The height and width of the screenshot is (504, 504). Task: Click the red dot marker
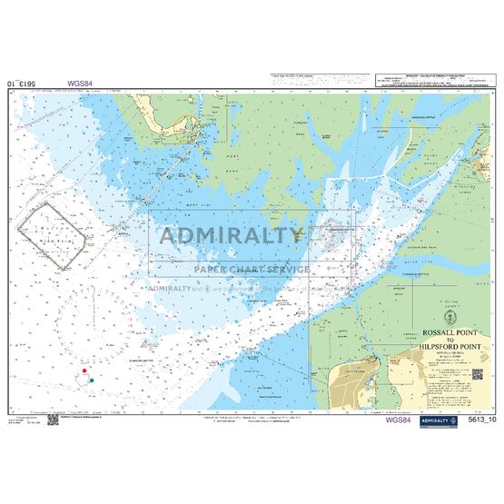pyautogui.click(x=84, y=371)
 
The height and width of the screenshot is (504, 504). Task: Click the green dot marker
pyautogui.click(x=92, y=380)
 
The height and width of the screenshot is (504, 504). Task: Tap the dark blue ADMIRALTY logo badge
pyautogui.click(x=439, y=420)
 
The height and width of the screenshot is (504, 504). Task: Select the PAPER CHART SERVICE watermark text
pyautogui.click(x=252, y=268)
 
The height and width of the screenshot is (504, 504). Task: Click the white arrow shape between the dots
pyautogui.click(x=88, y=376)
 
